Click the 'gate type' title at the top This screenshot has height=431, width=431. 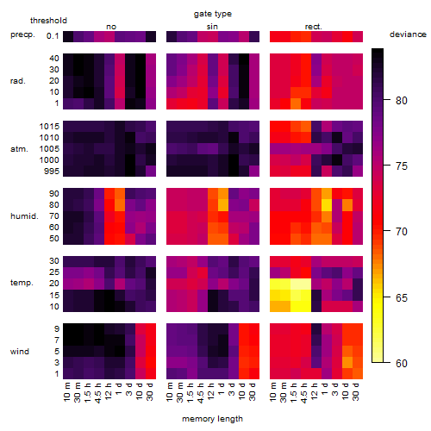coord(213,14)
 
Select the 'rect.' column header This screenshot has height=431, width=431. coord(314,27)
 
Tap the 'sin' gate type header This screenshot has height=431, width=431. coord(212,27)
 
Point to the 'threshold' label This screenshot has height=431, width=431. coord(48,21)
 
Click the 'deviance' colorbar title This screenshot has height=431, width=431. coord(408,34)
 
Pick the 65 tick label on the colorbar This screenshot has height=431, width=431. coord(402,298)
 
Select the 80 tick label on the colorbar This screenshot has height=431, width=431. coord(402,101)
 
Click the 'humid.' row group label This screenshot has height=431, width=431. coord(24,216)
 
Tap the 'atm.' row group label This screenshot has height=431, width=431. coord(19,149)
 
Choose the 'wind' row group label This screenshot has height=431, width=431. coord(20,352)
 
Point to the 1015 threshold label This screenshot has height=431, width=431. coord(49,127)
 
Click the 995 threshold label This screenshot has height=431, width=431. coord(52,172)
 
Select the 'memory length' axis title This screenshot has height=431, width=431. coord(212,419)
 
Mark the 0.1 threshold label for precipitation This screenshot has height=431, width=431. coord(53,36)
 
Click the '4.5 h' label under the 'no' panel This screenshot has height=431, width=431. coord(98,392)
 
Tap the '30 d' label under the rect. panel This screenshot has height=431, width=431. coord(356,392)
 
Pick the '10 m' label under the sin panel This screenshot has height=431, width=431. coord(170,392)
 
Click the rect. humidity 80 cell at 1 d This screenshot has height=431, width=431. coord(327,205)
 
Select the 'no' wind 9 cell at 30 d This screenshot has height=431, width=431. coord(151,328)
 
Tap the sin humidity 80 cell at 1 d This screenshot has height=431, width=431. coord(223,205)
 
